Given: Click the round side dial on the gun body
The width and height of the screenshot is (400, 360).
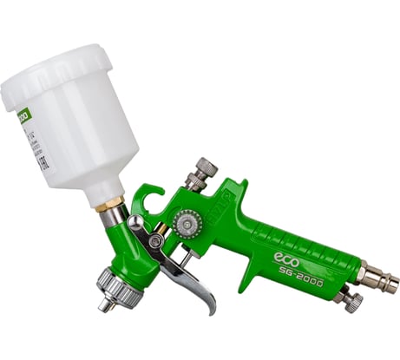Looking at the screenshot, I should click(187, 223).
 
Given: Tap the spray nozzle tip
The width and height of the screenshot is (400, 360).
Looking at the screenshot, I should click(104, 304).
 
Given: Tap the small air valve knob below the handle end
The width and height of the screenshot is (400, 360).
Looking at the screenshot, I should click(351, 300).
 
